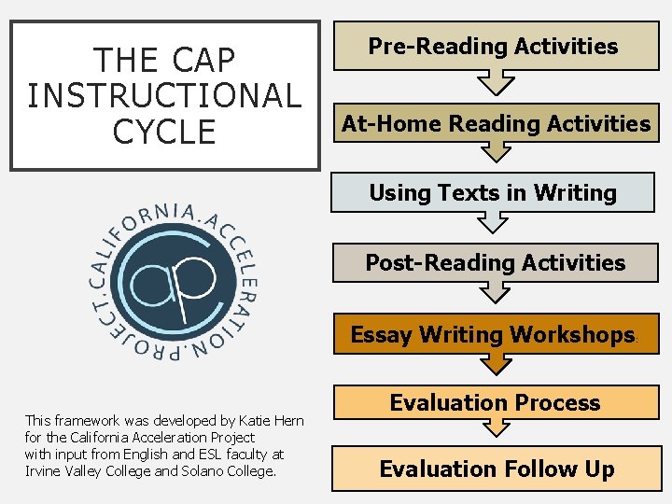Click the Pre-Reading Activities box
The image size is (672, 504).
click(494, 46)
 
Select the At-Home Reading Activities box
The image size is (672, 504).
click(496, 123)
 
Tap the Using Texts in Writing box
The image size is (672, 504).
click(493, 193)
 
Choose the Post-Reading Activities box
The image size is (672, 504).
click(495, 262)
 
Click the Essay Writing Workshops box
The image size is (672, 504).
click(493, 334)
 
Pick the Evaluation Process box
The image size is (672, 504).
click(495, 403)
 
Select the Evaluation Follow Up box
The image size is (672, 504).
click(496, 469)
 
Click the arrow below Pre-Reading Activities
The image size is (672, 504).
click(492, 84)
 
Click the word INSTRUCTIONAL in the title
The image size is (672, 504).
click(164, 95)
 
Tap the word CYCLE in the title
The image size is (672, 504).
click(164, 131)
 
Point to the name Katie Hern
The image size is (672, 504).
click(270, 422)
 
